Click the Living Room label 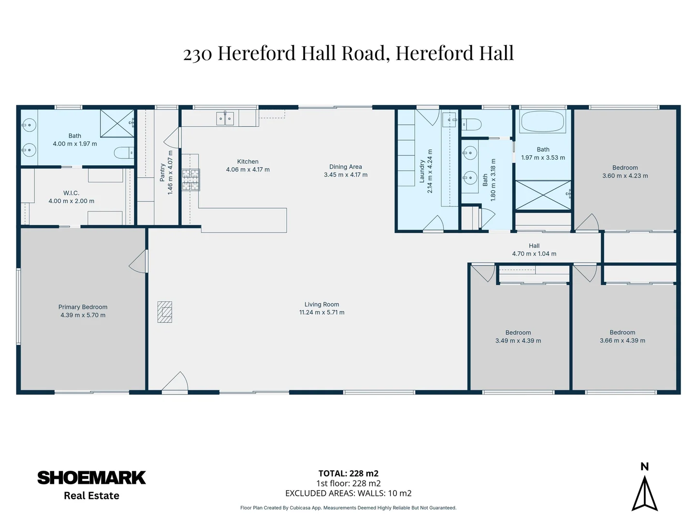pyautogui.click(x=321, y=304)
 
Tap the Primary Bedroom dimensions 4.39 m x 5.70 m pyautogui.click(x=83, y=315)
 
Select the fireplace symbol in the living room pyautogui.click(x=165, y=312)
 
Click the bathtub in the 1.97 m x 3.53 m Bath pyautogui.click(x=542, y=122)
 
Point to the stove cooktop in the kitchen pyautogui.click(x=190, y=180)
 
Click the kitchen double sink pyautogui.click(x=225, y=118)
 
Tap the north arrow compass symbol pyautogui.click(x=644, y=493)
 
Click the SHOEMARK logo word pyautogui.click(x=91, y=478)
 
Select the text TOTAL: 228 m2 pyautogui.click(x=348, y=474)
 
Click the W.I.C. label pyautogui.click(x=71, y=193)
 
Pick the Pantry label pyautogui.click(x=162, y=173)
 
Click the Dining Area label pyautogui.click(x=345, y=167)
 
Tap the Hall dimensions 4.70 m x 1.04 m pyautogui.click(x=534, y=254)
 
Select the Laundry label pyautogui.click(x=422, y=171)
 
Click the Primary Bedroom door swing pyautogui.click(x=139, y=261)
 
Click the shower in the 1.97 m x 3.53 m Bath pyautogui.click(x=543, y=195)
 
